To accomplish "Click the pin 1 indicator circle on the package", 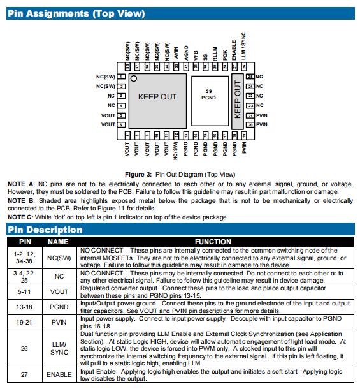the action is coord(134,78).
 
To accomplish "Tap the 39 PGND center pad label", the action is coord(208,94).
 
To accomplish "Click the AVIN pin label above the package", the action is coord(176,53).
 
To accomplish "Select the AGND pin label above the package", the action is coord(186,53).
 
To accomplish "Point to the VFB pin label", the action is coord(196,55).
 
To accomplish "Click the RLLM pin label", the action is coord(215,54).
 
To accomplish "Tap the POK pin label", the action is coord(225,55).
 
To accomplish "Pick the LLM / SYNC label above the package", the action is coord(244,46).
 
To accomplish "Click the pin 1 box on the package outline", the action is coord(121,77).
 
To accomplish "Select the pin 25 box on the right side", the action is coord(250,77).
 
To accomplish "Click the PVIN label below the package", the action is coord(244,147).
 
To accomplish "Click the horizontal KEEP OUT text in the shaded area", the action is coord(157,97).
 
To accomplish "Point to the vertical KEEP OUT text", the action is coord(238,99).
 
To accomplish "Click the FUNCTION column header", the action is coord(213,242).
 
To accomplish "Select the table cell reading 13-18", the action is coord(24,307).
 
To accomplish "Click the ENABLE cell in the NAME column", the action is coord(59,374).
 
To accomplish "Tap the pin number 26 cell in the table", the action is coord(24,349).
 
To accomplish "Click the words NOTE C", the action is coord(20,217).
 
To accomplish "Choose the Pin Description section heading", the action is coord(45,230).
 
